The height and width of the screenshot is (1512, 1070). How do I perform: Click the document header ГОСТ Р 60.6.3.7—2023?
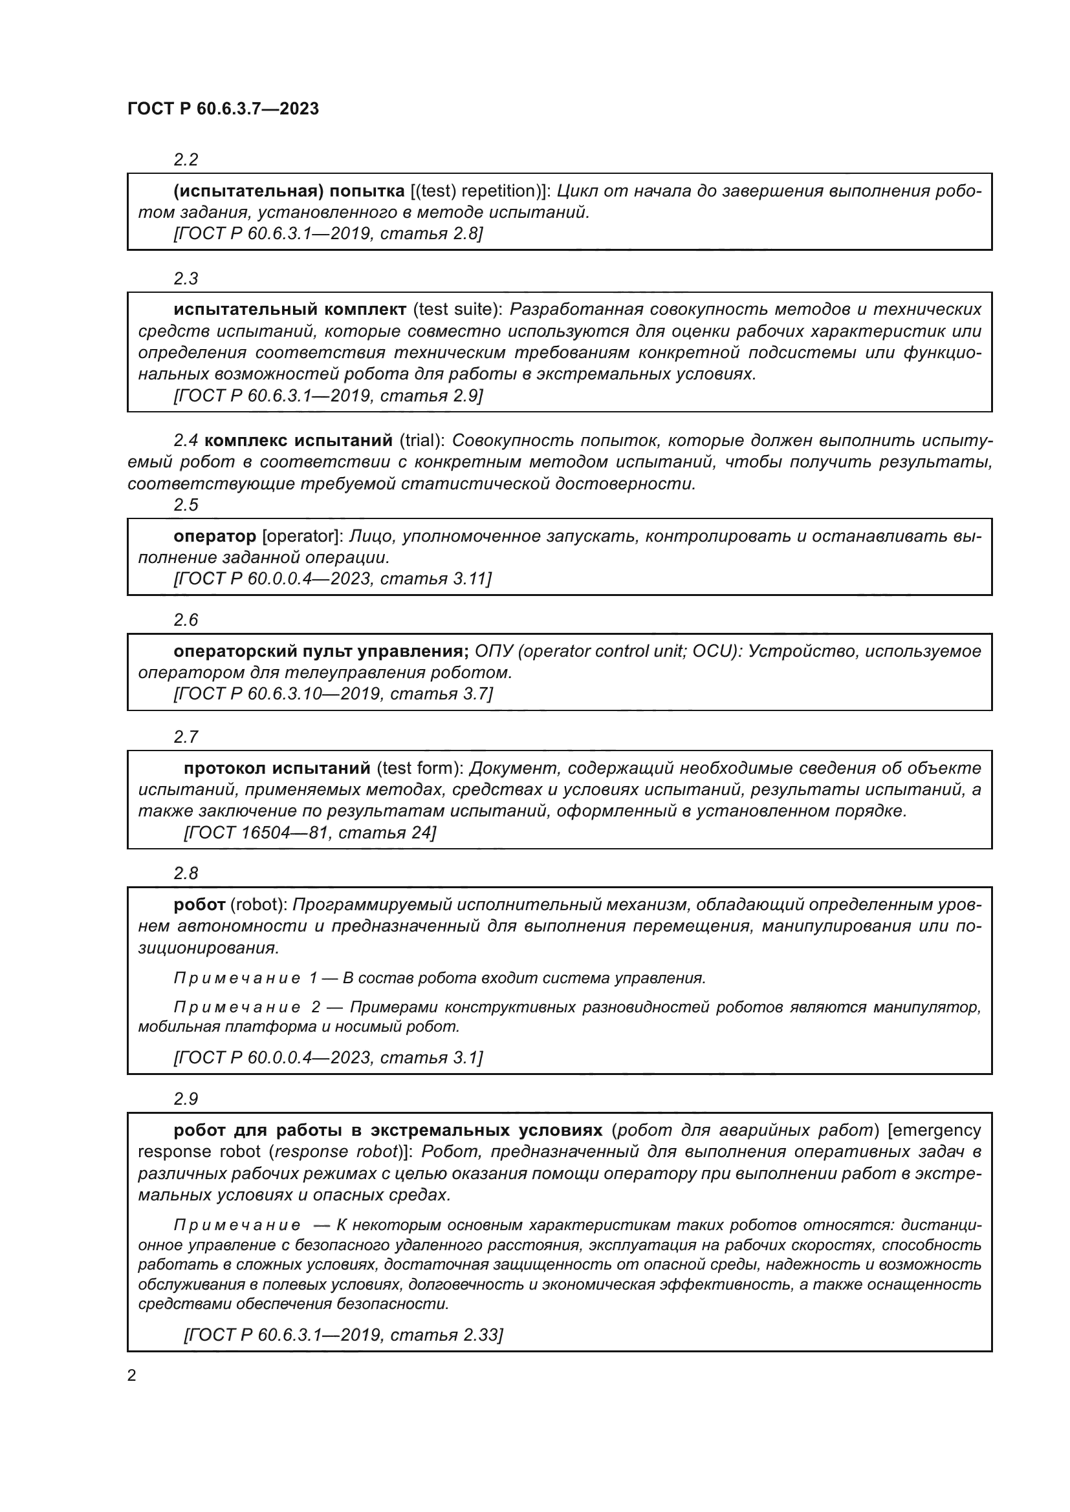click(x=223, y=109)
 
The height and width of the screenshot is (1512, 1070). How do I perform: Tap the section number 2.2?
click(x=186, y=160)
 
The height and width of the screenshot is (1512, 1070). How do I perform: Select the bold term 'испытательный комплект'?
click(x=290, y=310)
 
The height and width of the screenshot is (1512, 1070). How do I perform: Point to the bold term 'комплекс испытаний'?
click(x=298, y=440)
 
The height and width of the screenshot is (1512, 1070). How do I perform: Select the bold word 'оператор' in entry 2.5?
click(x=215, y=536)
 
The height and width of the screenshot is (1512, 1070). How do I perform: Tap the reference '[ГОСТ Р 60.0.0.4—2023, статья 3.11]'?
click(x=332, y=579)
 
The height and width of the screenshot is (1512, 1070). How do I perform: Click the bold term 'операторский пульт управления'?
click(x=321, y=652)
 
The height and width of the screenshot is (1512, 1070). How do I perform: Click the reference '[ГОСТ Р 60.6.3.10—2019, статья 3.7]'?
click(x=333, y=694)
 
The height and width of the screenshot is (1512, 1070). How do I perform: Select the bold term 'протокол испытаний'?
click(x=277, y=769)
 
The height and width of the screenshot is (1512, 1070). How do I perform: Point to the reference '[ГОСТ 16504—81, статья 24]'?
click(x=310, y=833)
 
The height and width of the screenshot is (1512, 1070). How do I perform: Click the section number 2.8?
click(x=186, y=873)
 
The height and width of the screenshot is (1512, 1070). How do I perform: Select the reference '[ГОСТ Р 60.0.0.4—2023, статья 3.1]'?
click(x=328, y=1058)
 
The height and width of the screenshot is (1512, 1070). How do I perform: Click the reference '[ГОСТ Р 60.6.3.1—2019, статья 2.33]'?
click(x=344, y=1335)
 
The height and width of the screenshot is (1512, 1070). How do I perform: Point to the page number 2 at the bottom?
click(x=132, y=1376)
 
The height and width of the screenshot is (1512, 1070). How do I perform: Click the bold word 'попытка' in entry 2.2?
click(x=367, y=191)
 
